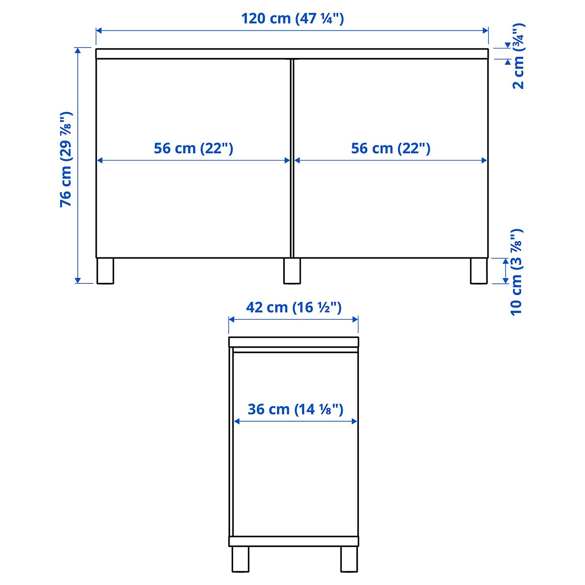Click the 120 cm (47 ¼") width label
(x=292, y=19)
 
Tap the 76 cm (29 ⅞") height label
(x=66, y=159)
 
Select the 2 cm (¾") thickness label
(x=518, y=56)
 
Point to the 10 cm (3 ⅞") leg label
(x=516, y=272)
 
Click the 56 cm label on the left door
(x=193, y=148)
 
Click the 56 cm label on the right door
(x=390, y=148)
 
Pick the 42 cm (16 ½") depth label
(x=294, y=308)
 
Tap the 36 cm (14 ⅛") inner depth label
(x=295, y=409)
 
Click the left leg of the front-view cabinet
(x=105, y=271)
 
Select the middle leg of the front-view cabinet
(x=292, y=271)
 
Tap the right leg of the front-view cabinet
(x=479, y=271)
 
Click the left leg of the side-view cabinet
(x=240, y=559)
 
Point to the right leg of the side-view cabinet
(x=349, y=559)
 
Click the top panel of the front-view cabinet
(x=292, y=53)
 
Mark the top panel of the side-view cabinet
(x=293, y=342)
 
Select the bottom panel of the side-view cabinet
(x=293, y=542)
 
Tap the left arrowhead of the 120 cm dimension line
(x=99, y=31)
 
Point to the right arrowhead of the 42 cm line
(x=356, y=320)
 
